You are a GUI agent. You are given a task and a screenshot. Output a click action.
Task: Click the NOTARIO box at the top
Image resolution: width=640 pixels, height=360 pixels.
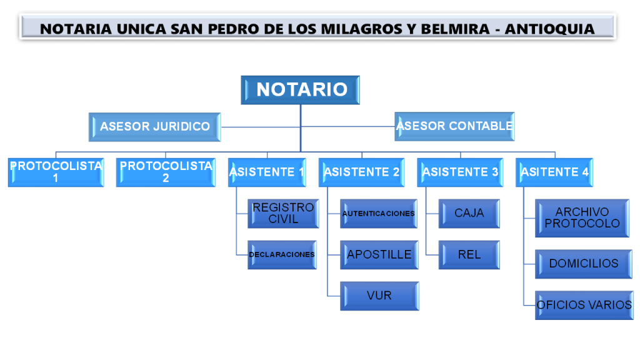300,90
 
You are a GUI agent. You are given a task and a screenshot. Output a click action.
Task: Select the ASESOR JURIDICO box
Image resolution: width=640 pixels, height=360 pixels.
155,127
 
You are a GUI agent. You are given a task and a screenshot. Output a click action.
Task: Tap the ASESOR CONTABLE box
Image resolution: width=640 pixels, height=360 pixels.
454,126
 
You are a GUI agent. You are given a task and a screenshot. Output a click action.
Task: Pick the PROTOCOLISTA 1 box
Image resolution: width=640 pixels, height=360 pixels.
56,172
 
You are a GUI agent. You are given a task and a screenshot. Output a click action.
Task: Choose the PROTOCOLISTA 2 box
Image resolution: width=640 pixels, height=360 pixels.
166,172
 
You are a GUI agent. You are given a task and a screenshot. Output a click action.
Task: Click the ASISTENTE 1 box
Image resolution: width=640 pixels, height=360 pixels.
267,172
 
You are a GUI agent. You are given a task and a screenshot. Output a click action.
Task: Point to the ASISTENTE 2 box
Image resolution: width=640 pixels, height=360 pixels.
361,172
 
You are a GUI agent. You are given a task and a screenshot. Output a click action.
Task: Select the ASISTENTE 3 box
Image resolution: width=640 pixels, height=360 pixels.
460,172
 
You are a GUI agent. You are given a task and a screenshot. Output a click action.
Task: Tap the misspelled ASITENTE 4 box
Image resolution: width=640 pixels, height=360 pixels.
554,172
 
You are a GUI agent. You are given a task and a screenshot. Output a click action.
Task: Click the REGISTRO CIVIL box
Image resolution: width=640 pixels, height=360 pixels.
283,214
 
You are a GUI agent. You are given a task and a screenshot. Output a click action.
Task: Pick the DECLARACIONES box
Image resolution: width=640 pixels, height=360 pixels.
282,255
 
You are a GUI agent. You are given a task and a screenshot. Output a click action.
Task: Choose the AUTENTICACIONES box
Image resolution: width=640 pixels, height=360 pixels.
378,214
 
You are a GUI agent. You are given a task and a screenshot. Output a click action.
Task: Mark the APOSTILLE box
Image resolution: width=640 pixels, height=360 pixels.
379,255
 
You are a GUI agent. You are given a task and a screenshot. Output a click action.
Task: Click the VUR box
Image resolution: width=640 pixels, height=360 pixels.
379,296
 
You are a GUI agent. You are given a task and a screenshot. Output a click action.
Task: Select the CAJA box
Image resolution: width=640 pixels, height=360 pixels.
469,214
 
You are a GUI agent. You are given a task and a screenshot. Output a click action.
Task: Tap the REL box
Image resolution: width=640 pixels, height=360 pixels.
469,255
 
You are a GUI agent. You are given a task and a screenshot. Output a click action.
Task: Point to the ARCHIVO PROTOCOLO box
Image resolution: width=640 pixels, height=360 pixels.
582,218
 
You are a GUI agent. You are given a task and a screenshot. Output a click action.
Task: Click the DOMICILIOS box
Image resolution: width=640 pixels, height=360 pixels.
584,264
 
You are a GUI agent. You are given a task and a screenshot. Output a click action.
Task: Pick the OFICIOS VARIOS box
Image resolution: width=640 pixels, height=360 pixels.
584,305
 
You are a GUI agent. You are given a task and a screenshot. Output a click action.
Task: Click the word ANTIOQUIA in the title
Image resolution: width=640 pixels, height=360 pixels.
550,29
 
